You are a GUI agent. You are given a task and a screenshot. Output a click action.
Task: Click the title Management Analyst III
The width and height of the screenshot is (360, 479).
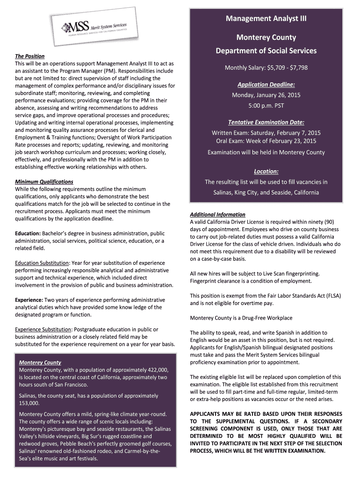click(x=266, y=19)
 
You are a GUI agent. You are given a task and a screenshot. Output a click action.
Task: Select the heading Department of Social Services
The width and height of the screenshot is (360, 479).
click(x=266, y=51)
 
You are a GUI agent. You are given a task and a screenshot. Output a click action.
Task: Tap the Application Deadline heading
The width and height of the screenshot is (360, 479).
click(x=266, y=85)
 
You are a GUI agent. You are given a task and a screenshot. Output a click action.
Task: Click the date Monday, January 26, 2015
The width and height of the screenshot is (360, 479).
click(x=266, y=95)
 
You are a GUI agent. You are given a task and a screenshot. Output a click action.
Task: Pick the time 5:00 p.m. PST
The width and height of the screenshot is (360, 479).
click(x=266, y=105)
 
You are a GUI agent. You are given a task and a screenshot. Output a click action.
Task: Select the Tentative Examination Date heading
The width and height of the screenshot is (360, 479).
click(x=266, y=123)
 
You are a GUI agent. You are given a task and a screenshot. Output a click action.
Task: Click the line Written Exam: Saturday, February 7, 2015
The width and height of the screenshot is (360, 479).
click(x=266, y=133)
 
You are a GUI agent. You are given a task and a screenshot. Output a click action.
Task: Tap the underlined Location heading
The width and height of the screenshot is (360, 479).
click(x=266, y=171)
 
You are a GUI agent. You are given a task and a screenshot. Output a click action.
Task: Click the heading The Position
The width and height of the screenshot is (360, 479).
click(x=29, y=56)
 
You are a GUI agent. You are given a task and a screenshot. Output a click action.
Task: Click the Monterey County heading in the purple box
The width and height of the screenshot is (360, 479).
click(x=40, y=363)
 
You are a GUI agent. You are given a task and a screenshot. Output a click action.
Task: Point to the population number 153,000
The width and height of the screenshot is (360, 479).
click(x=29, y=403)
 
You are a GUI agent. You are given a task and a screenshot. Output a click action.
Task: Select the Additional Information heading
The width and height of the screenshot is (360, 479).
click(x=217, y=214)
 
